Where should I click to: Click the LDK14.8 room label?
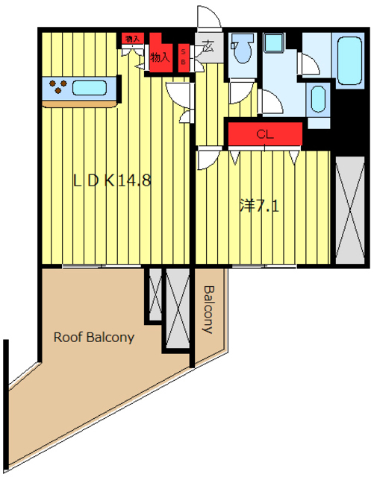pyautogui.click(x=112, y=180)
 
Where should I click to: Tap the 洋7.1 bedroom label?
pyautogui.click(x=259, y=206)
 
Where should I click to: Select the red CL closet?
pyautogui.click(x=265, y=134)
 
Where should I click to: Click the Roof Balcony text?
pyautogui.click(x=94, y=338)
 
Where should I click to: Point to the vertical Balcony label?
pyautogui.click(x=210, y=309)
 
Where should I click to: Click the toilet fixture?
pyautogui.click(x=243, y=48)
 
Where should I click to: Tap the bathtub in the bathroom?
pyautogui.click(x=350, y=61)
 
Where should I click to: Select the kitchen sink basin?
pyautogui.click(x=90, y=88)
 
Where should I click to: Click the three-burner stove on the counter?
pyautogui.click(x=58, y=86)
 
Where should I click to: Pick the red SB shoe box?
pyautogui.click(x=184, y=58)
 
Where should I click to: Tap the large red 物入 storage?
pyautogui.click(x=160, y=53)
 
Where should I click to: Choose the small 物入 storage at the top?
pyautogui.click(x=133, y=39)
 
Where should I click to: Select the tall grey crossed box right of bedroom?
pyautogui.click(x=350, y=210)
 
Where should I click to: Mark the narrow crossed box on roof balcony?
pyautogui.click(x=155, y=294)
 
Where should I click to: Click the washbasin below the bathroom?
pyautogui.click(x=318, y=99)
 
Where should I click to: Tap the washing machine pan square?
pyautogui.click(x=274, y=42)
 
